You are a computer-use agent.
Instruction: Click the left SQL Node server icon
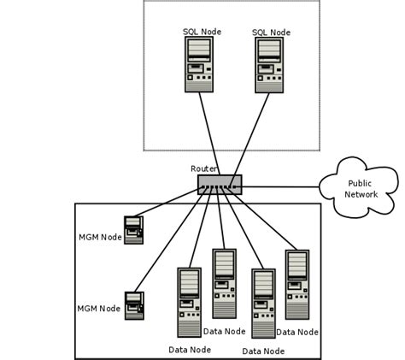click(x=198, y=65)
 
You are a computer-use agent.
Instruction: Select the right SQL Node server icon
click(x=268, y=65)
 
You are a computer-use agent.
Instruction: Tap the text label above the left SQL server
click(x=202, y=32)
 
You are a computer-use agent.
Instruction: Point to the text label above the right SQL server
click(x=271, y=32)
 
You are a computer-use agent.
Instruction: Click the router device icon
click(x=220, y=184)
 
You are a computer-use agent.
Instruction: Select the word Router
click(x=203, y=168)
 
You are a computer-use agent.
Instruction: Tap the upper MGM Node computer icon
click(x=133, y=230)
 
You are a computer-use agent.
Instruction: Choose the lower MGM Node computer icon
click(x=134, y=305)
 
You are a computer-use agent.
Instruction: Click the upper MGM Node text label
click(x=100, y=237)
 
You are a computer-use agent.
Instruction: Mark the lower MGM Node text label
click(x=99, y=309)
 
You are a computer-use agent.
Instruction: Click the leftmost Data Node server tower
click(x=189, y=302)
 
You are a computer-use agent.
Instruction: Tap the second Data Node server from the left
click(x=224, y=283)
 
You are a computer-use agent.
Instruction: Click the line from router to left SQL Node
click(x=208, y=133)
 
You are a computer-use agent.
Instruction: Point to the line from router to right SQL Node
click(x=248, y=133)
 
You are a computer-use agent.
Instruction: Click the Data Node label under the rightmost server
click(x=297, y=332)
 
